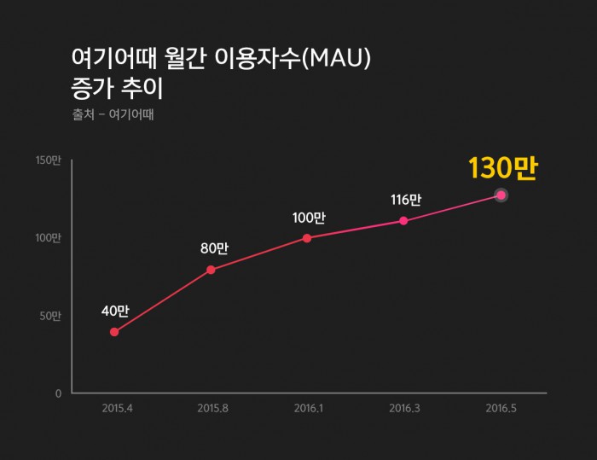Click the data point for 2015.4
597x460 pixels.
114,332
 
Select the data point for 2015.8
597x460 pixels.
211,270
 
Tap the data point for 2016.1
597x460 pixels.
307,238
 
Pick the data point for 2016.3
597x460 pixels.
403,221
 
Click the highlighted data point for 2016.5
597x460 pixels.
501,195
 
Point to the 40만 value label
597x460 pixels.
114,311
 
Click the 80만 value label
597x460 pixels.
214,248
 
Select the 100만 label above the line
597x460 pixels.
308,218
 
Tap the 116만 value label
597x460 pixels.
405,201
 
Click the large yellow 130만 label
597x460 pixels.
502,168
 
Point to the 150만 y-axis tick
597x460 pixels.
49,160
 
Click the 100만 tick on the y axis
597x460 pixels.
49,238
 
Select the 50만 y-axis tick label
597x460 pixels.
50,316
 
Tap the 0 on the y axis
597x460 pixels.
58,393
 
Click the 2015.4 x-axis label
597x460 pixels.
117,408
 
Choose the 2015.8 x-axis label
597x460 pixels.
212,408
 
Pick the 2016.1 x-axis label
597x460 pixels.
308,408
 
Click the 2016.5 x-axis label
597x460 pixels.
500,408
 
